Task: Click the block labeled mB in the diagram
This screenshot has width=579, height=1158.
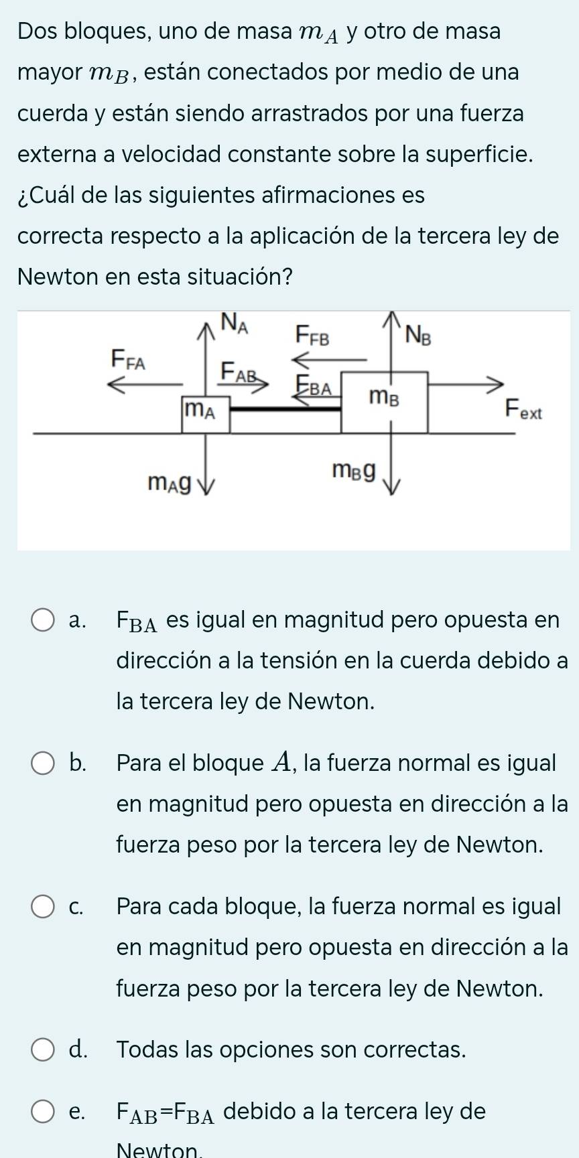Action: tap(385, 402)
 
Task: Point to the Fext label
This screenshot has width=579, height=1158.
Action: tap(523, 409)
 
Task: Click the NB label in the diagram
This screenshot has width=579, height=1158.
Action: tap(418, 334)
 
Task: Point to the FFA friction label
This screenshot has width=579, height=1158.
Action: tap(128, 360)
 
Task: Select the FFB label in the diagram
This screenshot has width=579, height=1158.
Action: tap(314, 334)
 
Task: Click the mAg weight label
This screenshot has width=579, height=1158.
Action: tap(170, 481)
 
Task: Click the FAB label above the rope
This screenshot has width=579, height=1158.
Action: tap(239, 370)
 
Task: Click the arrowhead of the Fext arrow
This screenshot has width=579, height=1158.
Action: tap(497, 384)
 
